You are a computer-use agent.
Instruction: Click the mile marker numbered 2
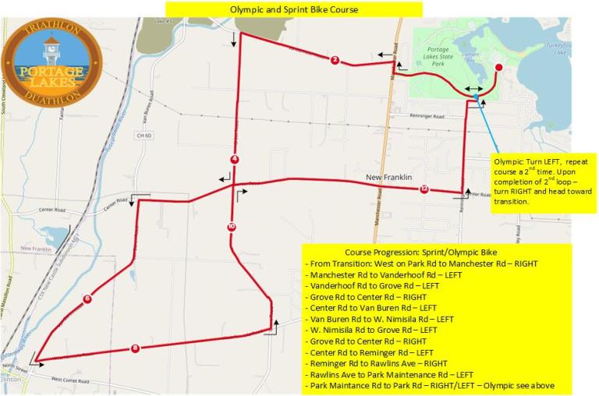(335, 60)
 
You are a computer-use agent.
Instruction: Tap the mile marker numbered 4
(234, 160)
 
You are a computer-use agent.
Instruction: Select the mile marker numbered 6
(87, 299)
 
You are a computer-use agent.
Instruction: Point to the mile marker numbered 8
(135, 348)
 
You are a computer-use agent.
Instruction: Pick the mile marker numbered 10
(231, 227)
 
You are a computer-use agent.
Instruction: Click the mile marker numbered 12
(424, 189)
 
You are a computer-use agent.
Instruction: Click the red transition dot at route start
(498, 68)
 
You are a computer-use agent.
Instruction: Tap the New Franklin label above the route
(388, 179)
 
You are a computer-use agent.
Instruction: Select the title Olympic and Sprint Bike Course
(294, 9)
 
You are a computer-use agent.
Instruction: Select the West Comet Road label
(73, 380)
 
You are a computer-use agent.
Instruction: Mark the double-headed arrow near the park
(473, 89)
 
